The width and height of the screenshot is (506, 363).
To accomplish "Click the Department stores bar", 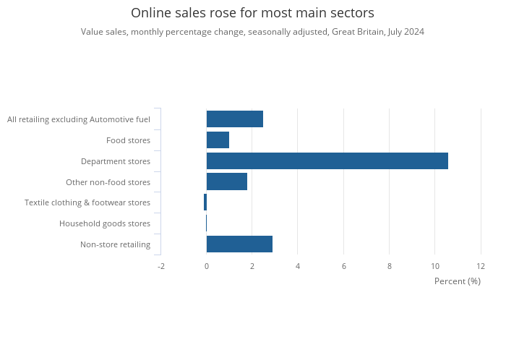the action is click(327, 161).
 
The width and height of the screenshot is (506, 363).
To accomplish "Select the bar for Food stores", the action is click(218, 140).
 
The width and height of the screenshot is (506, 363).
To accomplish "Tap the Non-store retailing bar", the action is click(239, 244).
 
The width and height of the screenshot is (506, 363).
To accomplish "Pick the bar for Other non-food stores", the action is click(227, 181).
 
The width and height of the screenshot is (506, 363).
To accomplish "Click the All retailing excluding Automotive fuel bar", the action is click(235, 119).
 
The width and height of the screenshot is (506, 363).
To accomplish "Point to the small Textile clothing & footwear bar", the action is click(205, 202).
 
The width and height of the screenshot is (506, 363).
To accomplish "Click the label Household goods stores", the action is click(105, 223).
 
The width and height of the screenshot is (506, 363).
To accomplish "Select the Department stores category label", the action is click(116, 161).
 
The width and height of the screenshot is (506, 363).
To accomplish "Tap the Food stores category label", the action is click(128, 140).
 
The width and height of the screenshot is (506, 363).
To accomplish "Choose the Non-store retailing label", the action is click(115, 244).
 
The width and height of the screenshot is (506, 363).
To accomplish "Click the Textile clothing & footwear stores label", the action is click(87, 202).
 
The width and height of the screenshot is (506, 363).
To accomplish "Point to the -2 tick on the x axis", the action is click(161, 266).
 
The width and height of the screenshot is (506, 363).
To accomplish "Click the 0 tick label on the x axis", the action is click(207, 266).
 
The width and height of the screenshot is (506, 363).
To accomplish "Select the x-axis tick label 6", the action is click(343, 266).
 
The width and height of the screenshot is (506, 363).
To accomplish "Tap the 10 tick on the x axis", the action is click(435, 266).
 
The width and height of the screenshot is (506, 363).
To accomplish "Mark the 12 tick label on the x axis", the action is click(481, 266).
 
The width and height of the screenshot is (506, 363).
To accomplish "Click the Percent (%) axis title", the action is click(458, 281).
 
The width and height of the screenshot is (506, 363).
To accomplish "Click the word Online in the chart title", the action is click(151, 13).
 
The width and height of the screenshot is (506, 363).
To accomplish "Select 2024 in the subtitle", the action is click(414, 32).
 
